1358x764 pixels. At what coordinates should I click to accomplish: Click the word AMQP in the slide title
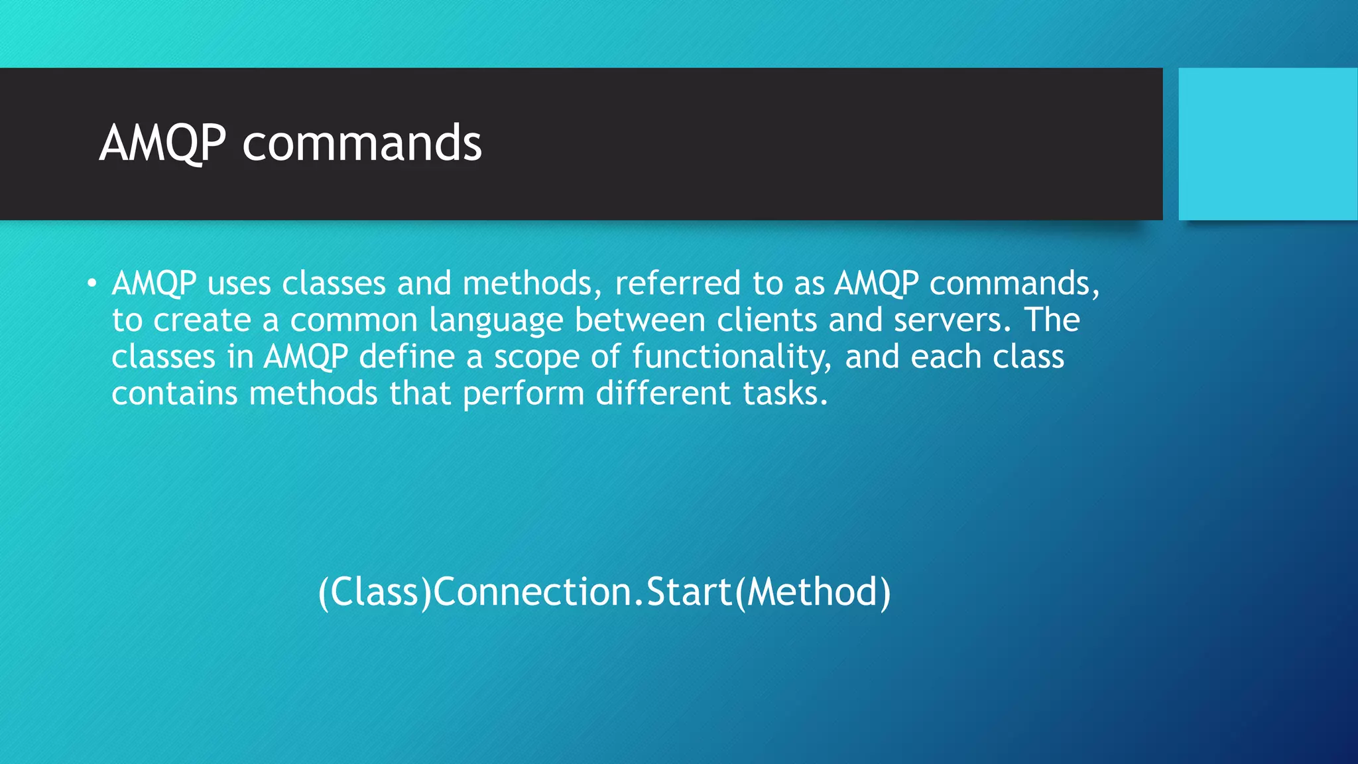(162, 143)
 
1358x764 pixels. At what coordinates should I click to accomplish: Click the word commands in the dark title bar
(362, 143)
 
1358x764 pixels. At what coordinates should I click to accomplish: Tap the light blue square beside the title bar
(1268, 144)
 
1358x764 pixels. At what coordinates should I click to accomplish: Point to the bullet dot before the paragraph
(92, 285)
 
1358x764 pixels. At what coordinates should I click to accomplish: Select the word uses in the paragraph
(239, 284)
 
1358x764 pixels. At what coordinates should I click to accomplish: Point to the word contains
(174, 393)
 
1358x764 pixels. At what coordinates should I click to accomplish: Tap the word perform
(523, 395)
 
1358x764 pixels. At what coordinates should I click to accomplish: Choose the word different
(663, 393)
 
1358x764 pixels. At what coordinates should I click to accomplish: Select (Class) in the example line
(375, 592)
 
